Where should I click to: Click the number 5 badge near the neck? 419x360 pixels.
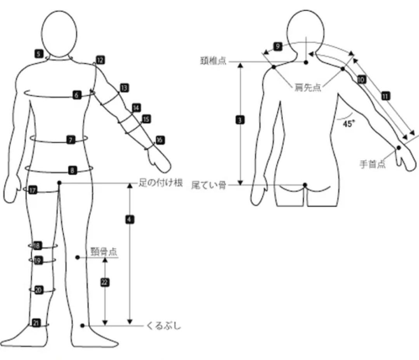[x=38, y=54]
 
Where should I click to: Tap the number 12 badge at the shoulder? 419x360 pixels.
[x=100, y=60]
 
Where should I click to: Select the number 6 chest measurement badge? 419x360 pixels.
[x=77, y=95]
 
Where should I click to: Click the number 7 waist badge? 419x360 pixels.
[x=71, y=140]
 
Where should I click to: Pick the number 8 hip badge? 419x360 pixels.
[x=72, y=170]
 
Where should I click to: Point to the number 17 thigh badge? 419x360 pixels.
[x=33, y=190]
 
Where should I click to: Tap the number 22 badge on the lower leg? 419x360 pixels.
[x=104, y=282]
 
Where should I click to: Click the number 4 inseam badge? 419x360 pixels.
[x=130, y=219]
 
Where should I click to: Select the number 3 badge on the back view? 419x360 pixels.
[x=240, y=120]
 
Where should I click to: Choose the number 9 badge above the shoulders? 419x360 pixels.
[x=277, y=47]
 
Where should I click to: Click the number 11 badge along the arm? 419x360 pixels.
[x=385, y=96]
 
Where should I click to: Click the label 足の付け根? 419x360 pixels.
[x=161, y=183]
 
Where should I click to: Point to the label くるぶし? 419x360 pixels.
[x=163, y=326]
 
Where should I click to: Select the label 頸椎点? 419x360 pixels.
[x=213, y=61]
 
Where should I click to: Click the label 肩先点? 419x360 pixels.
[x=308, y=88]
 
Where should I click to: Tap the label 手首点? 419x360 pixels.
[x=372, y=164]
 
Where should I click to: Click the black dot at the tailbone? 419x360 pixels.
[x=305, y=184]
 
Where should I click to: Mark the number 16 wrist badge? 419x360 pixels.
[x=160, y=140]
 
